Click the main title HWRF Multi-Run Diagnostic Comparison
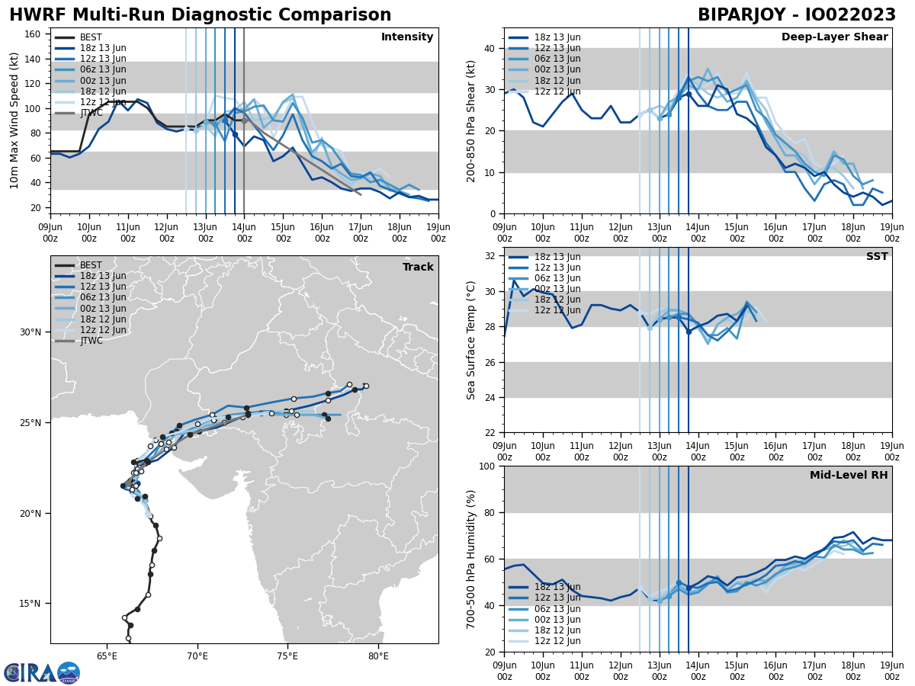tap(200, 15)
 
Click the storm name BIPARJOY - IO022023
tap(797, 15)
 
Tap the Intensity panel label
tap(407, 37)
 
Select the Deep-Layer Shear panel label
tap(834, 37)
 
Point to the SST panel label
tap(877, 257)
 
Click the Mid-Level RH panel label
tap(849, 476)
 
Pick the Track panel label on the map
tap(418, 268)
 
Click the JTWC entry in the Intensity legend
tap(92, 113)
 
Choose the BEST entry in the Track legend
tap(92, 265)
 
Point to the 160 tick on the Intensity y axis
tap(34, 34)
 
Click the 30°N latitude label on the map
tap(30, 332)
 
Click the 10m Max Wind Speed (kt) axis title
tap(14, 120)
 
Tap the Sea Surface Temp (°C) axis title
tap(472, 340)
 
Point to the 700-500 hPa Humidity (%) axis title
tap(472, 559)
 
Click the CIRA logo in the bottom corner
tap(42, 672)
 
